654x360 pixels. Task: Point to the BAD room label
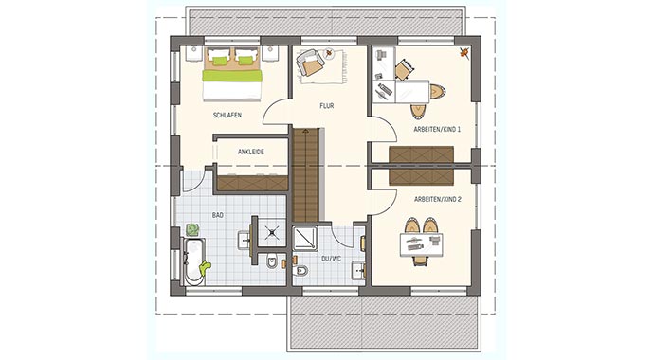tap(217, 215)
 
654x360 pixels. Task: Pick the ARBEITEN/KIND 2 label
tap(436, 199)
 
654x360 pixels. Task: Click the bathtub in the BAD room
tap(195, 261)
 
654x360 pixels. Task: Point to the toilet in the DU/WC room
tap(301, 273)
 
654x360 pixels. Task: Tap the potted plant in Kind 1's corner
tap(463, 54)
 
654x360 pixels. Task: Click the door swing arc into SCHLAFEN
tap(273, 114)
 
